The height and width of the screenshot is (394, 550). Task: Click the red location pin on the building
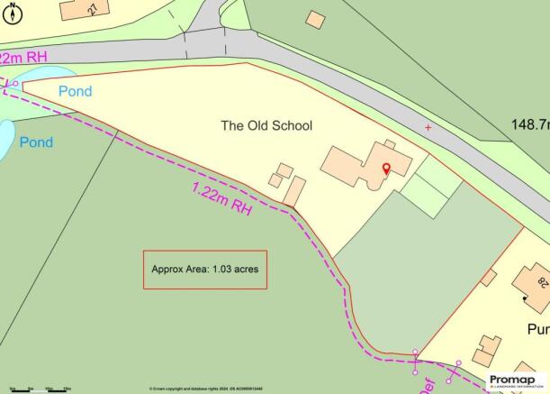click(387, 169)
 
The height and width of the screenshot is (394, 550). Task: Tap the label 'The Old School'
click(266, 125)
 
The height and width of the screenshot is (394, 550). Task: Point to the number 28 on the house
click(542, 283)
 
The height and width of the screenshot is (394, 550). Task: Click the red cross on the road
click(428, 128)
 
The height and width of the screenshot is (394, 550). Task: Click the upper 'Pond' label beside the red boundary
click(76, 92)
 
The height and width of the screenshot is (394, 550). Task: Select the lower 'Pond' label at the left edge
click(37, 142)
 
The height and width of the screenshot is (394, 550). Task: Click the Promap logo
click(517, 380)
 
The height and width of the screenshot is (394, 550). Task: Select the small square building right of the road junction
click(315, 18)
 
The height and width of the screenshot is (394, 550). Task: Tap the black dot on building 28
click(525, 295)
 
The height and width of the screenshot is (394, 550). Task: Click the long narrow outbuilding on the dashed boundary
click(294, 191)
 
